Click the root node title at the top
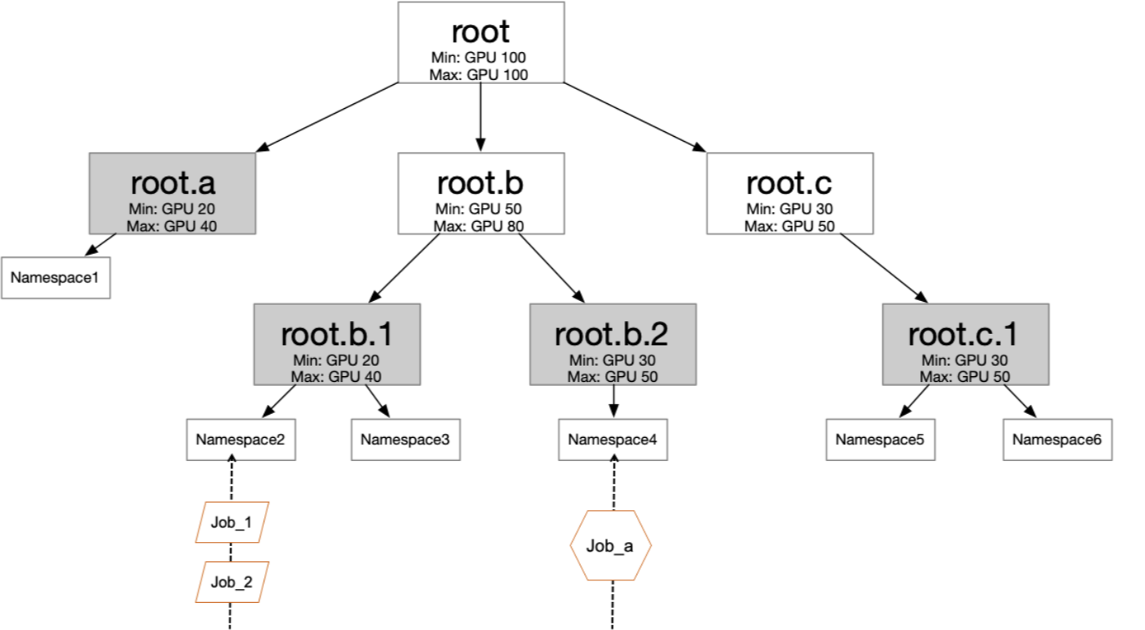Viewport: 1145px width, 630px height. (x=480, y=31)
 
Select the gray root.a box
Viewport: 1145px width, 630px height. (x=173, y=193)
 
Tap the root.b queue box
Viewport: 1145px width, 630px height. (x=480, y=193)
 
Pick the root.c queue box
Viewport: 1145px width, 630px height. (x=789, y=193)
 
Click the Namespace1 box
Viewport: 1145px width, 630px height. (x=56, y=278)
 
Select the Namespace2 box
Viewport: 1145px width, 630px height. (x=241, y=439)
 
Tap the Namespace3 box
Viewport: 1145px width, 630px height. (x=406, y=439)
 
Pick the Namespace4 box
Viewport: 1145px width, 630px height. (x=613, y=439)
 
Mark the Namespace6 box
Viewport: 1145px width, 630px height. (x=1057, y=439)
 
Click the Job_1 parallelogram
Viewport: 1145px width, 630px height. (x=232, y=523)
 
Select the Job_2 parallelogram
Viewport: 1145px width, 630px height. (x=232, y=582)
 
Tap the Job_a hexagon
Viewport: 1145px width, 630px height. (x=611, y=546)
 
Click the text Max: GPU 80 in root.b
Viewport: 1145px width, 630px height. (x=478, y=226)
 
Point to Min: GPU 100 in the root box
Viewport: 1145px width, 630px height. (x=480, y=58)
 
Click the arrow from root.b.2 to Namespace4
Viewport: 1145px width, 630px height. (x=613, y=401)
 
